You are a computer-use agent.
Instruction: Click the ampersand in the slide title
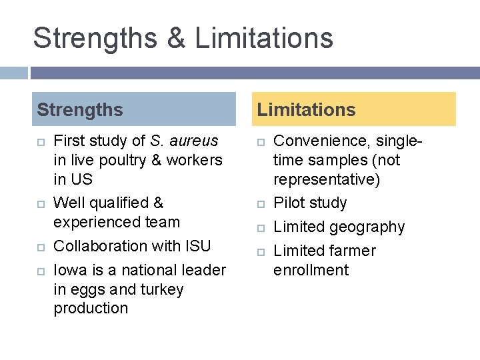pos(176,38)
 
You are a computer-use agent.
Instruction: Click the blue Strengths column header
pos(134,109)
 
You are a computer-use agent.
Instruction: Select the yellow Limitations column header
pos(356,109)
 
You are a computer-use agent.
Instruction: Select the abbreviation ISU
pos(196,246)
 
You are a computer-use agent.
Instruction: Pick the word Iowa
pos(68,270)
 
